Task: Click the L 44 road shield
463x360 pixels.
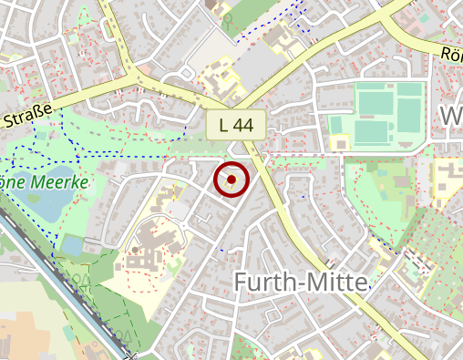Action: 235,125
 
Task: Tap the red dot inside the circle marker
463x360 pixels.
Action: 231,180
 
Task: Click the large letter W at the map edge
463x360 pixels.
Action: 451,117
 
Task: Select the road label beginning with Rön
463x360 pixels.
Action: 451,55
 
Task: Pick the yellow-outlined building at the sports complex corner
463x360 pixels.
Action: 340,142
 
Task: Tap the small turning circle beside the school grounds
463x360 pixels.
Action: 185,223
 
